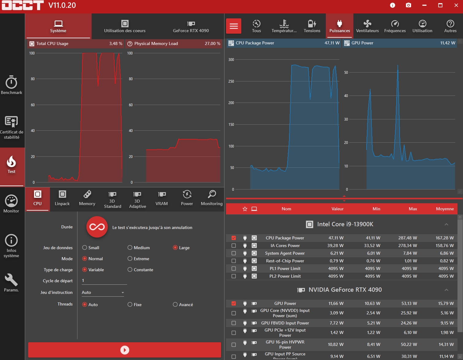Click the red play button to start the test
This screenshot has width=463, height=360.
(125, 350)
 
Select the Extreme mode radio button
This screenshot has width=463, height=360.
(130, 259)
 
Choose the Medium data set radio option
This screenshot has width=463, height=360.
(130, 248)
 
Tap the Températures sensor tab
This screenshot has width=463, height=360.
(284, 26)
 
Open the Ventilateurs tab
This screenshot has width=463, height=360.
(367, 26)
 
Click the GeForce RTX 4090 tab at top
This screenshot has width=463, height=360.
(191, 26)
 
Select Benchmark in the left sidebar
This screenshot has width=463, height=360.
(12, 85)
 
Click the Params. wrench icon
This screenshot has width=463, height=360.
(11, 279)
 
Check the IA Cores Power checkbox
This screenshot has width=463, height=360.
(234, 246)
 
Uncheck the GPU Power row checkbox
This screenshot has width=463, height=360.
(234, 303)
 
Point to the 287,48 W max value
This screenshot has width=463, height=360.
(408, 238)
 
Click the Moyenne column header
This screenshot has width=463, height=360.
(445, 209)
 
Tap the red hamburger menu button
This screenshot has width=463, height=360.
(234, 26)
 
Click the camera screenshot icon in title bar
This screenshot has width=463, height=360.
(408, 5)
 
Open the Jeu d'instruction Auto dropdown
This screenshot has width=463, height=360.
(103, 292)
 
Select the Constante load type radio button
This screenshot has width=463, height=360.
(130, 270)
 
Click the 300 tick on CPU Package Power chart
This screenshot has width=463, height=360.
(231, 60)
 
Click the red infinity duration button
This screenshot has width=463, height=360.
(97, 227)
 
